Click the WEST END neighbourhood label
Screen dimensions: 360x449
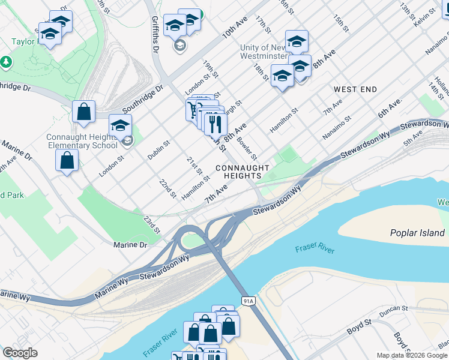pyautogui.click(x=355, y=89)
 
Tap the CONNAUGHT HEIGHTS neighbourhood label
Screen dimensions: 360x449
pyautogui.click(x=238, y=172)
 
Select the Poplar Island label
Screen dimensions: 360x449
pyautogui.click(x=417, y=233)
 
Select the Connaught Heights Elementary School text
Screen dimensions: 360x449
pyautogui.click(x=82, y=141)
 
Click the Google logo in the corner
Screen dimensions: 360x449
pyautogui.click(x=19, y=353)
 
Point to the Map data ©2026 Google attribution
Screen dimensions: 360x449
pyautogui.click(x=412, y=355)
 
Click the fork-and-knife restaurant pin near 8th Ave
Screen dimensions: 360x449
pyautogui.click(x=215, y=124)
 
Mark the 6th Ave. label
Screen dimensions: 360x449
pyautogui.click(x=389, y=109)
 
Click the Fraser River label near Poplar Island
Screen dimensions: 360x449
pyautogui.click(x=315, y=250)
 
